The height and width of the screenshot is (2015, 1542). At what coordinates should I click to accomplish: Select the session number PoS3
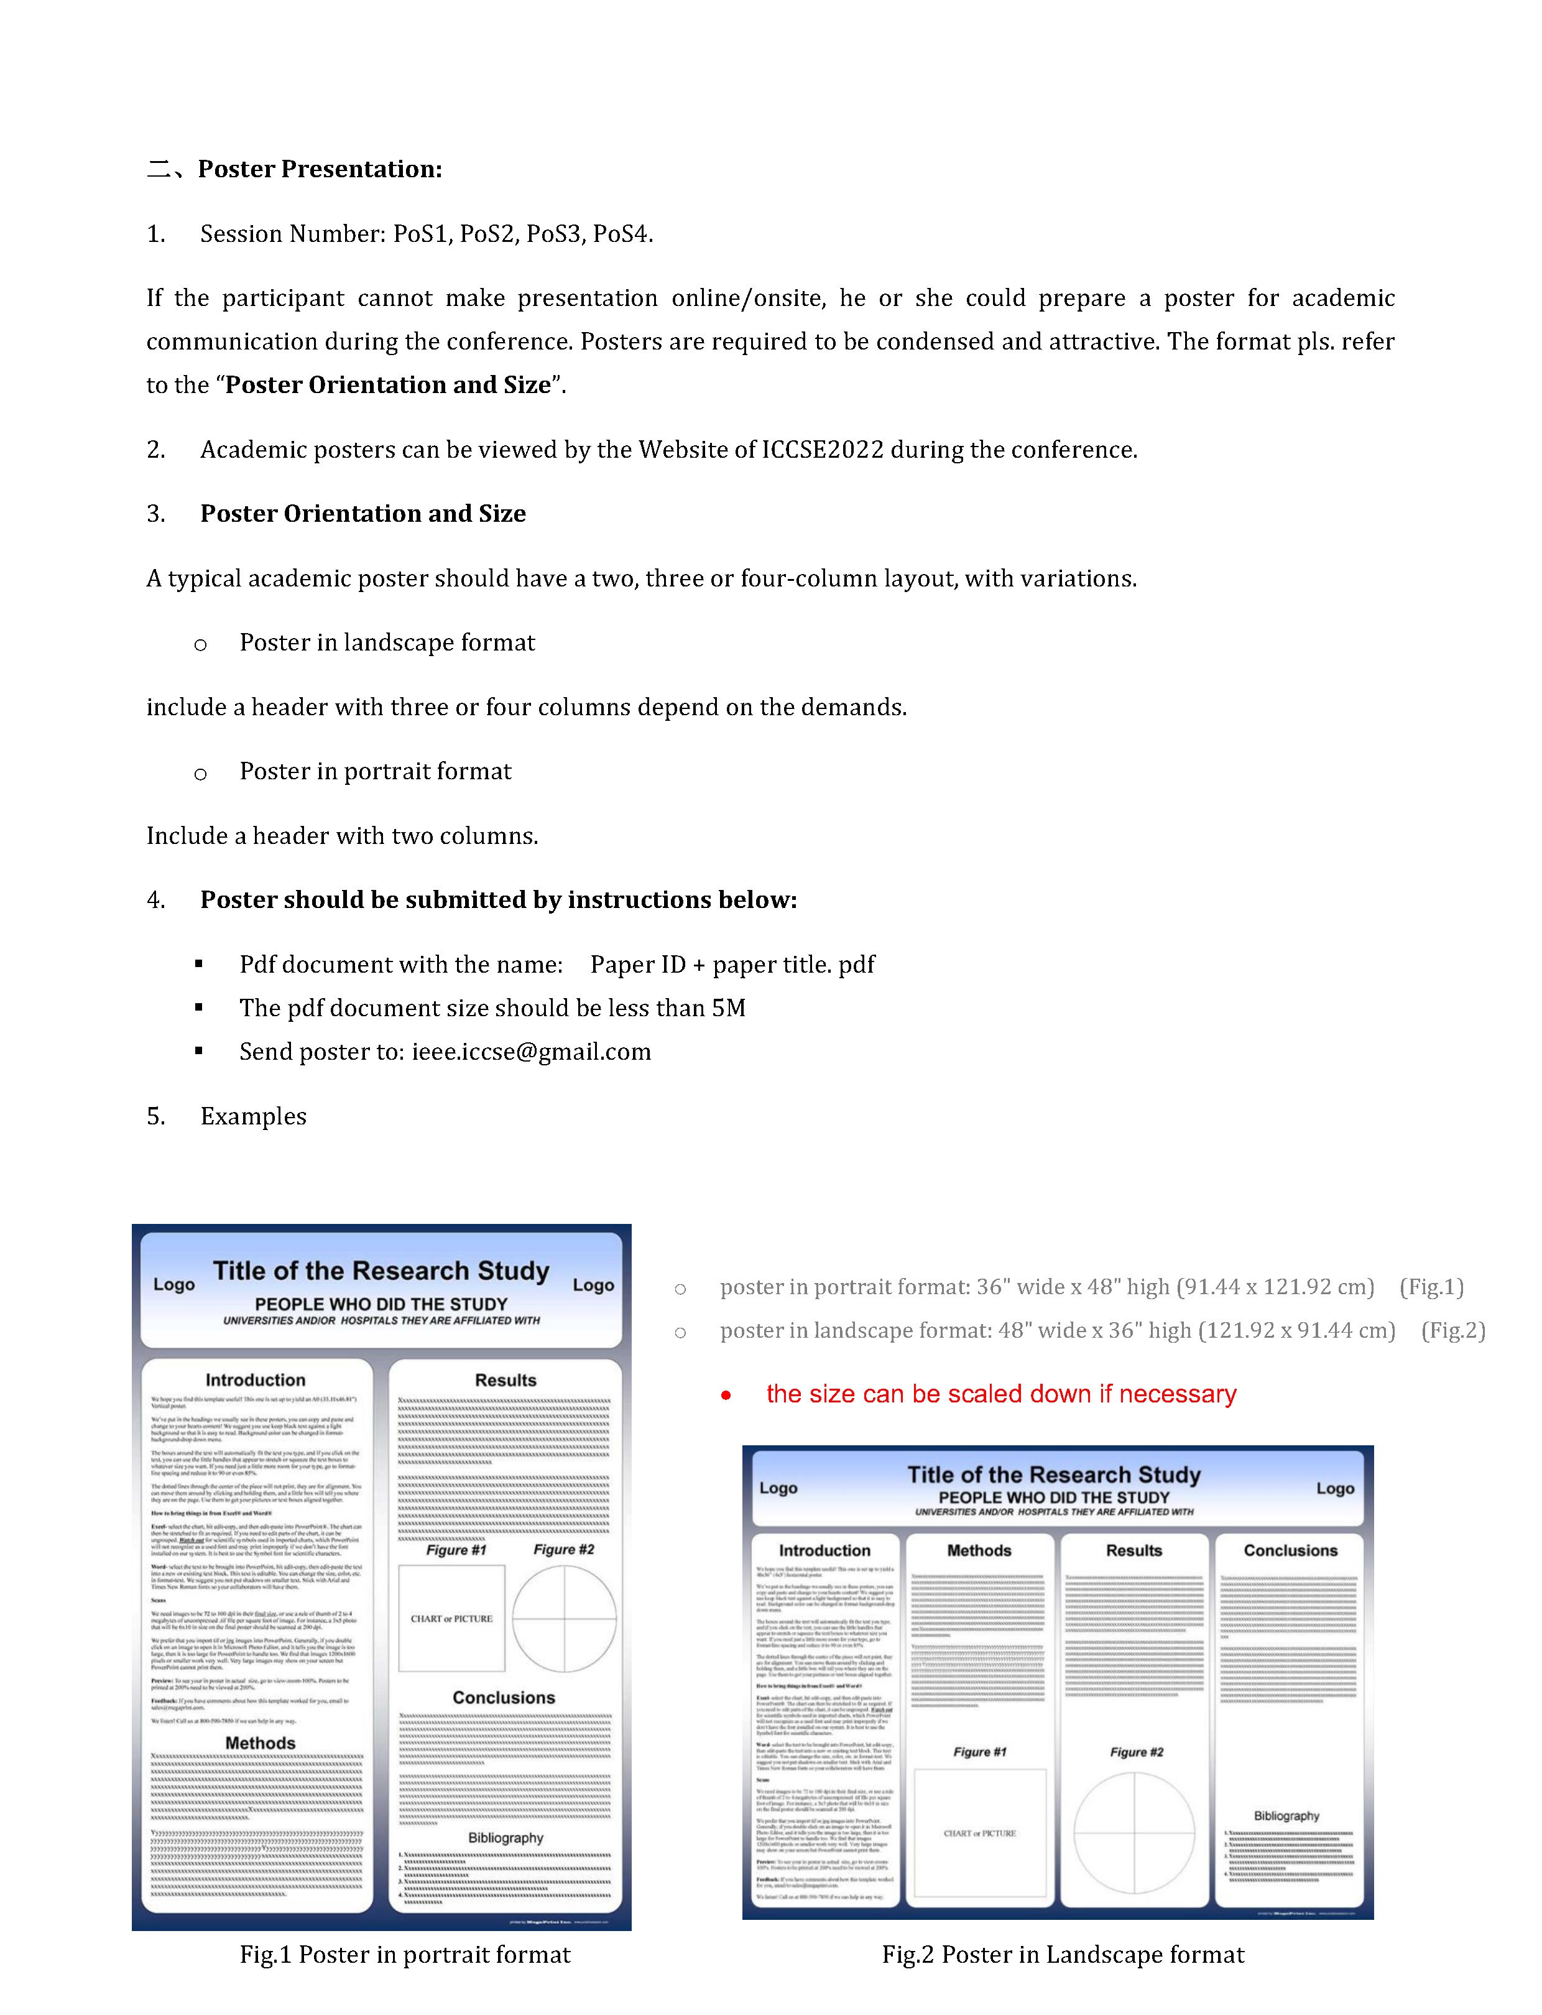click(553, 234)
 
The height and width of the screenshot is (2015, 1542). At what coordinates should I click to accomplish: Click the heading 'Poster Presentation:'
click(320, 169)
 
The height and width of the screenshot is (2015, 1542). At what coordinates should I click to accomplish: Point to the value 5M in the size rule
click(728, 1008)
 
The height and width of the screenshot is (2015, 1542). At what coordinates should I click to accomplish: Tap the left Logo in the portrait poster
click(173, 1284)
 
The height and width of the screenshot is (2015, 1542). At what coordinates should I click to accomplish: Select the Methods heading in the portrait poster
click(261, 1743)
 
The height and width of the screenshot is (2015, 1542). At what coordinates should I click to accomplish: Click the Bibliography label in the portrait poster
click(506, 1838)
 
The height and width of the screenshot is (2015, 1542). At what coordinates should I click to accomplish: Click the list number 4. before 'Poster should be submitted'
click(156, 900)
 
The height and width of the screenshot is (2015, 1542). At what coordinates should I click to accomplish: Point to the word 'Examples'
click(253, 1116)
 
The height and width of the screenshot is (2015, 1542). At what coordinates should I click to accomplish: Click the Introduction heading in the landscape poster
click(824, 1550)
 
